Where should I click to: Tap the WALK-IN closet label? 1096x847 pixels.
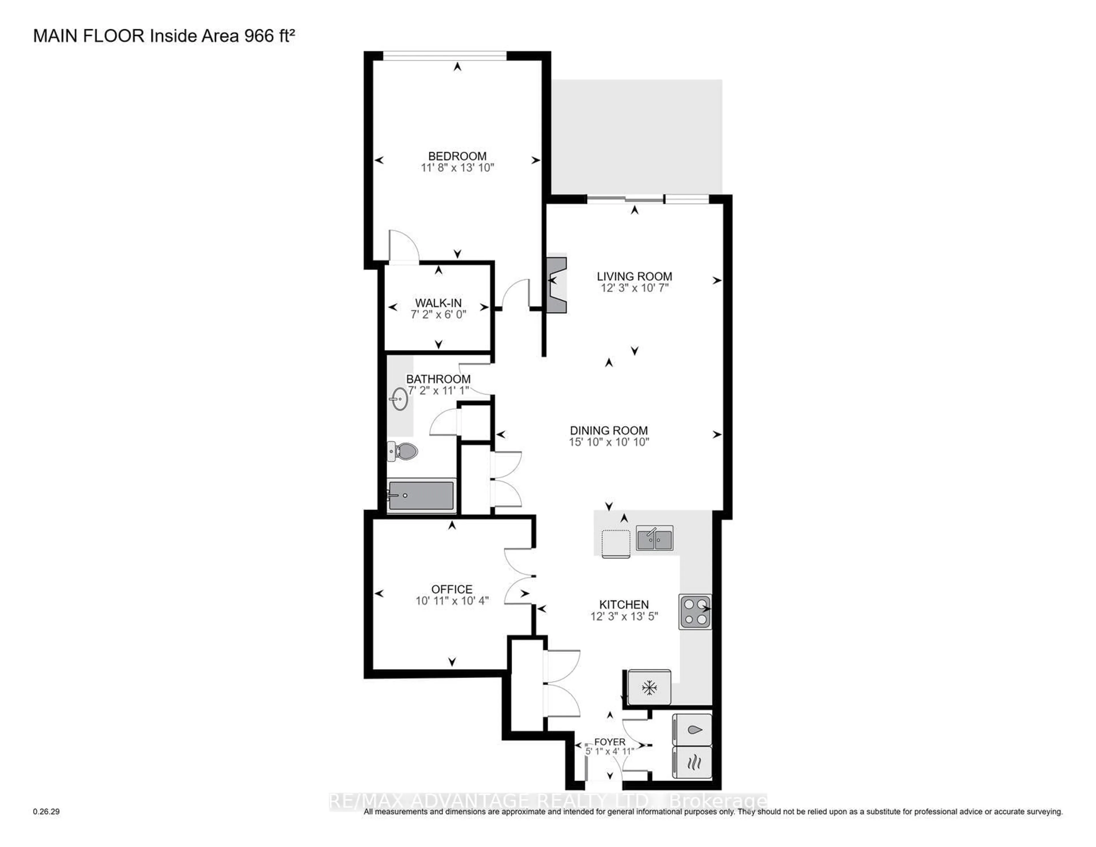438,303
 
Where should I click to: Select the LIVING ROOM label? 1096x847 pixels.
634,276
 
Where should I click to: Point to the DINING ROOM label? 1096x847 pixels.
609,430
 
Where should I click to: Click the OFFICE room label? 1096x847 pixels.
452,589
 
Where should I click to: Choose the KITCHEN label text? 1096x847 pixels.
624,605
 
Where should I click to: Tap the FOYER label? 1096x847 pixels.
610,742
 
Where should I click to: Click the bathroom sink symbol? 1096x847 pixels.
400,399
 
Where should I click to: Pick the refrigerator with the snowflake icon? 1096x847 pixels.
649,688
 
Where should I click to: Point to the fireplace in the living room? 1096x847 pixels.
557,285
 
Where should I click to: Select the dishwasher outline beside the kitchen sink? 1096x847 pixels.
616,544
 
